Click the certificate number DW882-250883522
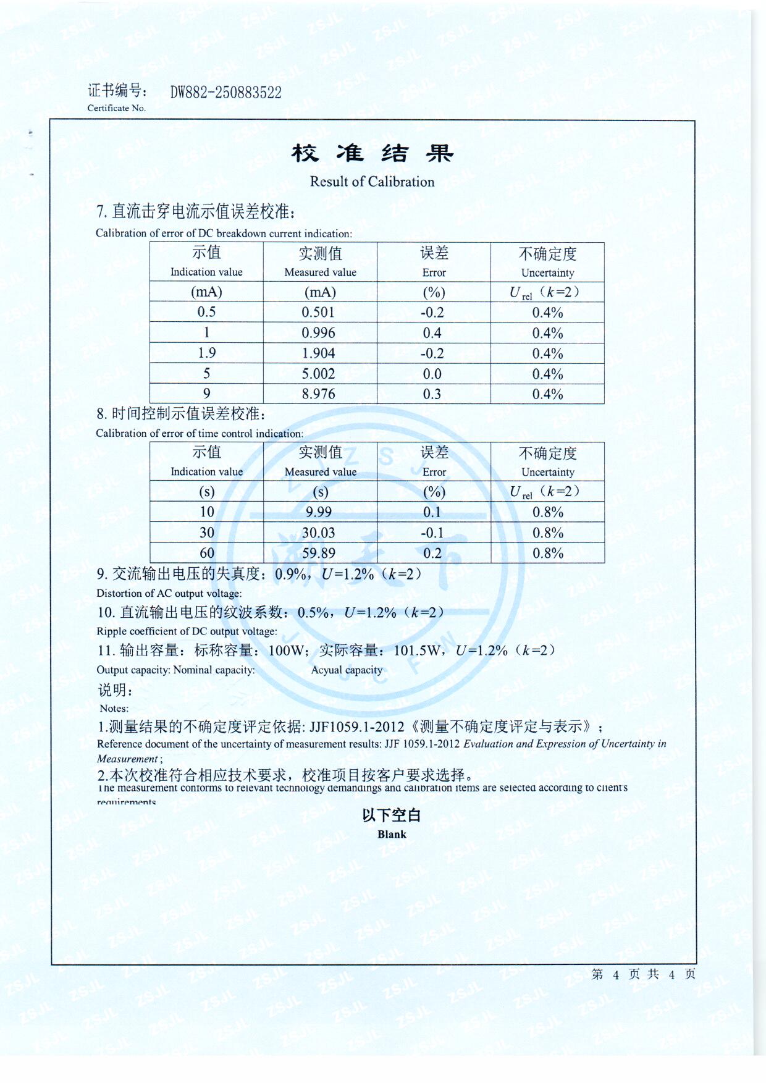pos(225,93)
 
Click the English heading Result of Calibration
pos(372,182)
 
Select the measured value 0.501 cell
pos(318,313)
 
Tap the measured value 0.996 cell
pos(318,333)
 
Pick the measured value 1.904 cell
pos(318,353)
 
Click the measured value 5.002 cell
pos(318,374)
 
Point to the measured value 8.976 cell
pos(318,394)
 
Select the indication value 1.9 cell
pos(206,353)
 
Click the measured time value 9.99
pos(318,512)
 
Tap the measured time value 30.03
pos(318,533)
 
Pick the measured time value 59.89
pos(318,553)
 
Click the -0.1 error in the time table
pos(432,533)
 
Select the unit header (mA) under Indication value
pos(206,292)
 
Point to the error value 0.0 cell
pos(432,374)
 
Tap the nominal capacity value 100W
pos(287,651)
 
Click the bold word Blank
pos(392,835)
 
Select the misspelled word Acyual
pos(326,670)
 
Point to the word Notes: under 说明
pos(114,709)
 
